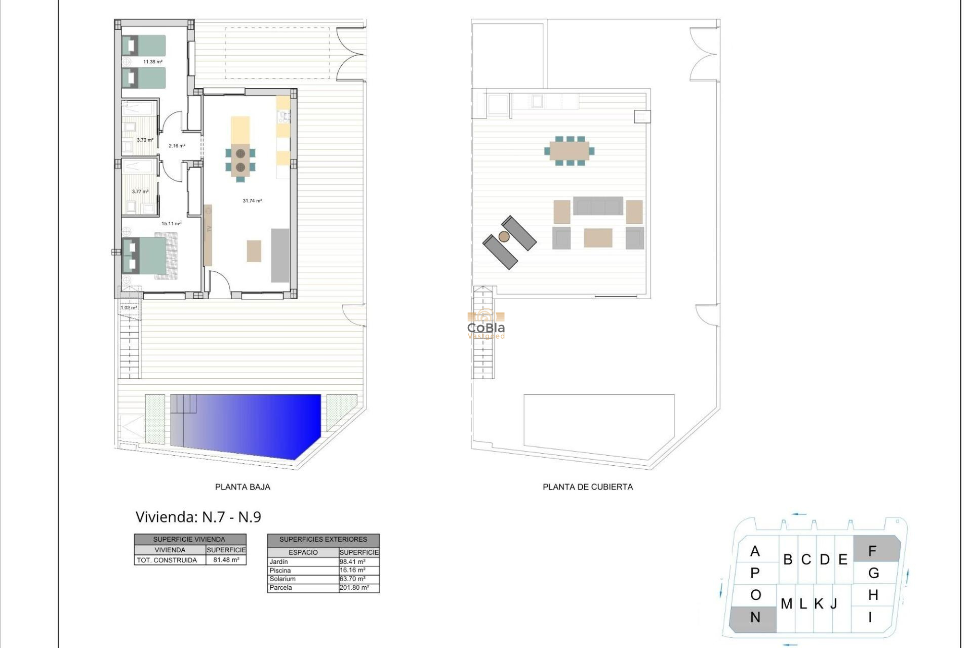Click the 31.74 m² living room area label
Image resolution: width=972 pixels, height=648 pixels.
252,201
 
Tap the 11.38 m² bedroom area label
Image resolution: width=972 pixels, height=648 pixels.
152,62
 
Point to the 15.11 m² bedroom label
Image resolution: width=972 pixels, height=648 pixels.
171,223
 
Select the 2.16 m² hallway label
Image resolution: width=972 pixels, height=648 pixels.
177,146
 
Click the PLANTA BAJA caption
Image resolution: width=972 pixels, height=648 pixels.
242,487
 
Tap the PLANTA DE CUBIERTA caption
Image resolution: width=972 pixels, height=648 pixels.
588,487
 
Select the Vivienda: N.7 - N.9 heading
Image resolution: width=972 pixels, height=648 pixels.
198,517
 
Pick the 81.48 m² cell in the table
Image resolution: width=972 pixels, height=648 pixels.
226,560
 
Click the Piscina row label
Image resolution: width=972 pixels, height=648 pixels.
280,571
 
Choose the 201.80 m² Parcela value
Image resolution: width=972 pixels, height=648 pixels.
354,588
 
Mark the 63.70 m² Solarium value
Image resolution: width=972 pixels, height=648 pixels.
352,579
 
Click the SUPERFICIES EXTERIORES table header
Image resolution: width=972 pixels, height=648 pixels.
323,540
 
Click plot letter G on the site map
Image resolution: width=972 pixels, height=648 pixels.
873,573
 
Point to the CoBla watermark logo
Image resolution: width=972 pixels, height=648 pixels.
485,327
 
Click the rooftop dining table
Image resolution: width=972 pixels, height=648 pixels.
569,151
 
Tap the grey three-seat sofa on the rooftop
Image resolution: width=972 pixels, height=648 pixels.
598,207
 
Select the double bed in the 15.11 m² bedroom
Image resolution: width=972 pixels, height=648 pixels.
149,256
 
